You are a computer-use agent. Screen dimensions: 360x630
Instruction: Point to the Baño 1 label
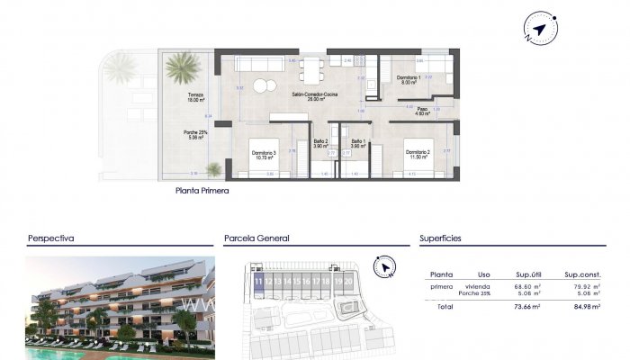(358, 142)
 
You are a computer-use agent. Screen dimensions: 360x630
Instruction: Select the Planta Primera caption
(202, 192)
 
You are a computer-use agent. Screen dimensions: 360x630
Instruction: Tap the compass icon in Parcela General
(385, 267)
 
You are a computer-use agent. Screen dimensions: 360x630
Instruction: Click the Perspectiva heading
(50, 239)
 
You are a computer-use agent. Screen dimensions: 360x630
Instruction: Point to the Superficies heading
(440, 239)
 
